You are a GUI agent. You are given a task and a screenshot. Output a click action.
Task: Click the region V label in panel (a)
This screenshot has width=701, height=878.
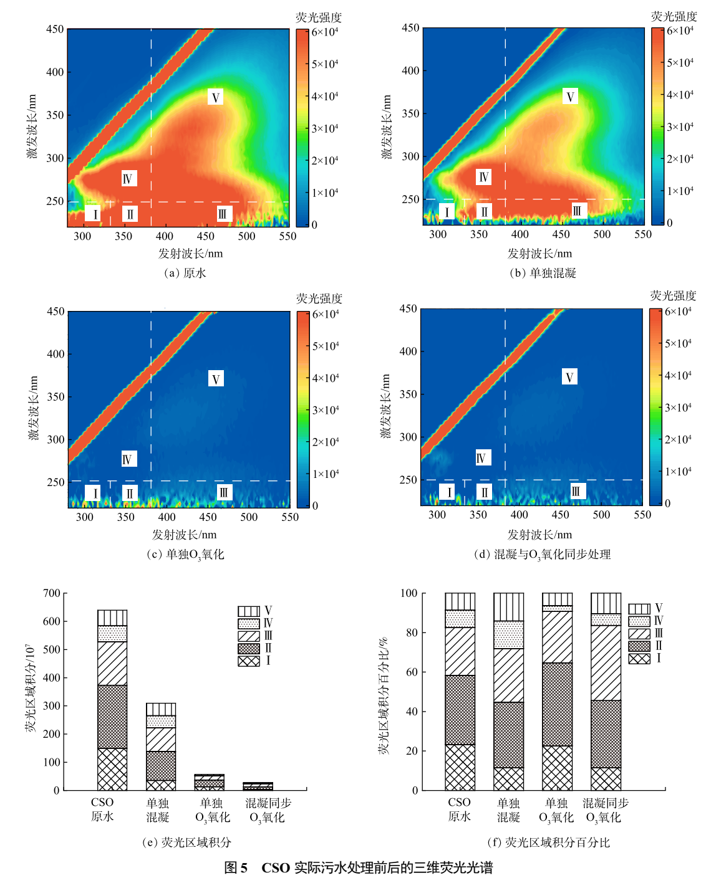coord(215,97)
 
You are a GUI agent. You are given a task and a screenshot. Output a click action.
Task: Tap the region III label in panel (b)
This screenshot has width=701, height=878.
coord(577,211)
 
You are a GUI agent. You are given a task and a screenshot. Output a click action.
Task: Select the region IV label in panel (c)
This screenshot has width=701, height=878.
coord(127,459)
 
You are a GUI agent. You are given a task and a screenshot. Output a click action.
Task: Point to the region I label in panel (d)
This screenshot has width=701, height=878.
coord(448,492)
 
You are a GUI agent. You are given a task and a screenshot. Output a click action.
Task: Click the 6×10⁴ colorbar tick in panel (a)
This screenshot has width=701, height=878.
coord(325,32)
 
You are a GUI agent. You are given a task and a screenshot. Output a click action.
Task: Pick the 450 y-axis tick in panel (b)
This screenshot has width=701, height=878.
coord(410,28)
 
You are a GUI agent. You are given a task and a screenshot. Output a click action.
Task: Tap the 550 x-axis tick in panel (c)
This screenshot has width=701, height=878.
coord(289,517)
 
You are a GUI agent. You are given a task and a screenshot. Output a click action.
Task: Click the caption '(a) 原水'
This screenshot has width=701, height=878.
coord(185,273)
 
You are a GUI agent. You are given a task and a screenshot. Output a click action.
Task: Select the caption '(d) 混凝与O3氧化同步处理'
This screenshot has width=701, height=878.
coord(542,554)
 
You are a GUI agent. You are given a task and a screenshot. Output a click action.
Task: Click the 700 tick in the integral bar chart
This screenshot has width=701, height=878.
coord(52,593)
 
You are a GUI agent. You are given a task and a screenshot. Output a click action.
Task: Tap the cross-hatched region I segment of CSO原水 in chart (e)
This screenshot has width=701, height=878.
coord(112,769)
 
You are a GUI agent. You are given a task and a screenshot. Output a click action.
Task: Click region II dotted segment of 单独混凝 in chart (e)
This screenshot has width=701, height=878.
coord(161,766)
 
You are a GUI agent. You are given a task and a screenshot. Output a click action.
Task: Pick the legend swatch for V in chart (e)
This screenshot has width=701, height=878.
coord(249,611)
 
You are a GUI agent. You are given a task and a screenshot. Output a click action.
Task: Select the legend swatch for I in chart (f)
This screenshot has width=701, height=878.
coord(639,659)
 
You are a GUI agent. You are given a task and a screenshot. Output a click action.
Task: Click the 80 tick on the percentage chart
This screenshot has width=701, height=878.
coord(410,632)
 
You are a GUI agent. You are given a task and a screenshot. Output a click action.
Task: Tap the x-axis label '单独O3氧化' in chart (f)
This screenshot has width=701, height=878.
coord(556,810)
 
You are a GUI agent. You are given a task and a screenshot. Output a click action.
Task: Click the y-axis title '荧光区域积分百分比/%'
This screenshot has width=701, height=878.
coord(384,695)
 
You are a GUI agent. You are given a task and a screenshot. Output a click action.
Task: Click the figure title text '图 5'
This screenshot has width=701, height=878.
coord(236,867)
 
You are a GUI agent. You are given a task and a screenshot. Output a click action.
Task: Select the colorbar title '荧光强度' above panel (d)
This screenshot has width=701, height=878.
coord(673,295)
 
